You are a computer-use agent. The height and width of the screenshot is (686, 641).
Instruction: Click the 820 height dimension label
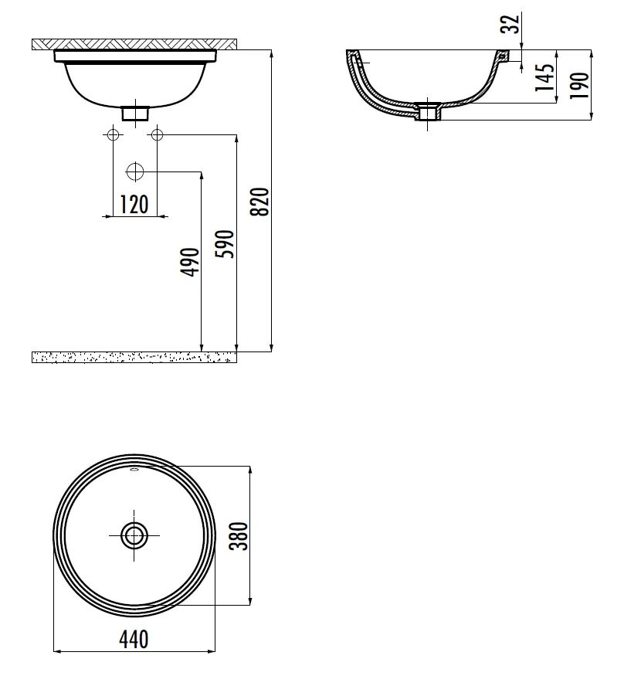[259, 202]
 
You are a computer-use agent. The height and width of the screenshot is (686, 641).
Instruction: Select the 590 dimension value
[226, 243]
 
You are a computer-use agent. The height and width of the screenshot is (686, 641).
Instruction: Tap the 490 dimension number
[190, 262]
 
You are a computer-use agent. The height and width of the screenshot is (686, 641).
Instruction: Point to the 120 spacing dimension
[134, 204]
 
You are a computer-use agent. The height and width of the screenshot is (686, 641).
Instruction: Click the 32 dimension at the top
[510, 24]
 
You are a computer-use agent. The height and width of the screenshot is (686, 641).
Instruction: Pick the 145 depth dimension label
[544, 77]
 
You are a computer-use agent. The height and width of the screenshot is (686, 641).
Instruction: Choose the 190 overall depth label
[580, 85]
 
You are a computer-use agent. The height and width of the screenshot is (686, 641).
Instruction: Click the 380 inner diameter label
[239, 536]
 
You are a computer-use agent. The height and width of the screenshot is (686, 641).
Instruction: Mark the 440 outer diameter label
[134, 639]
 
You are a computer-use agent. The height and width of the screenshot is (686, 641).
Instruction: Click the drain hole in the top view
[134, 535]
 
